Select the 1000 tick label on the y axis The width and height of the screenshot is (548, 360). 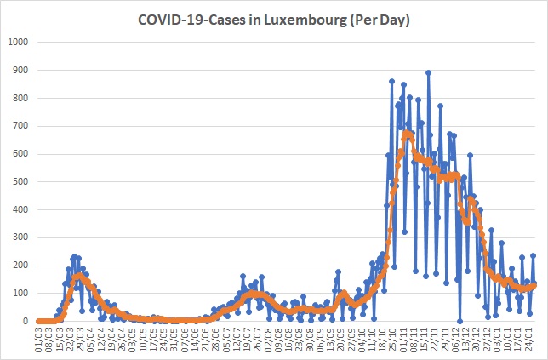pos(18,42)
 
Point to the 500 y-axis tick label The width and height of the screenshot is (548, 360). pos(20,182)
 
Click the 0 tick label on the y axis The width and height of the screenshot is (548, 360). pos(26,321)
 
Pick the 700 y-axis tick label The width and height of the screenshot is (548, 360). pos(20,126)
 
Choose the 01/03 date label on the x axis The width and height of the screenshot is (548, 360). pos(39,334)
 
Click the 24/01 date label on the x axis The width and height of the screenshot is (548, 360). pos(529,334)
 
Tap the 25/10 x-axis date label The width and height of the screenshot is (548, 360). pos(392,334)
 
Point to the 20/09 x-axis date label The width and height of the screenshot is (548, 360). pos(340,334)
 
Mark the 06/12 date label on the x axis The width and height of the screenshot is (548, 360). pos(456,334)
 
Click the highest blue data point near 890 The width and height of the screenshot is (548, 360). pos(429,72)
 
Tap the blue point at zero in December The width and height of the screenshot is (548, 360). pos(460,321)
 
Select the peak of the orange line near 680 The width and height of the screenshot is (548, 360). pos(407,133)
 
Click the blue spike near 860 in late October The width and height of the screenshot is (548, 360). pos(391,81)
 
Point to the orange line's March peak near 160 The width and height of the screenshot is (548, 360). pos(79,276)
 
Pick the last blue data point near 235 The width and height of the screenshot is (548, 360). pos(534,255)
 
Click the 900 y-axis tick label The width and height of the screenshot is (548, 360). pos(20,70)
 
